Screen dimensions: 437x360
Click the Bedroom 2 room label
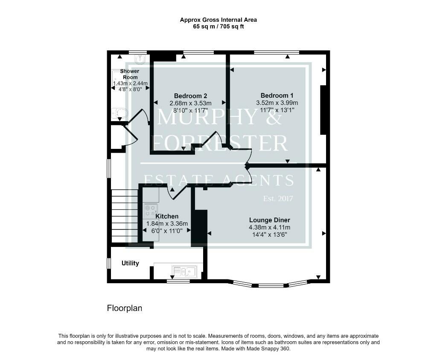click(x=190, y=96)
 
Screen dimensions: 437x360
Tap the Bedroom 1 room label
click(x=277, y=96)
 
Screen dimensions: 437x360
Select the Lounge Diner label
click(x=270, y=220)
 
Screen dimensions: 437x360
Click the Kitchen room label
click(x=167, y=216)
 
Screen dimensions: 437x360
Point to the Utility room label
click(x=130, y=263)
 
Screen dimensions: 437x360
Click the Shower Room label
click(x=130, y=74)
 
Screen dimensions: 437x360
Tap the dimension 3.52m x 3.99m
click(x=277, y=103)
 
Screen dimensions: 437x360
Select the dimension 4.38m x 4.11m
click(x=270, y=227)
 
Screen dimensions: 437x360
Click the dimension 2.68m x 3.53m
click(x=190, y=103)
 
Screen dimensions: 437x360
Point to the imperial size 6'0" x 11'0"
click(x=167, y=231)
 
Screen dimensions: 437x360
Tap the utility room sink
click(x=184, y=271)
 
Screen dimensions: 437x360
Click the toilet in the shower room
click(x=120, y=113)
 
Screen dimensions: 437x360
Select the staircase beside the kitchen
click(x=125, y=216)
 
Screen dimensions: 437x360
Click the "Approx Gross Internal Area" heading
click(x=218, y=20)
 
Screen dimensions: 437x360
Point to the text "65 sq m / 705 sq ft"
click(x=218, y=27)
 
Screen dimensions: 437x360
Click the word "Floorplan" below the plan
click(x=125, y=308)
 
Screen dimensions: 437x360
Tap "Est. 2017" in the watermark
click(x=278, y=198)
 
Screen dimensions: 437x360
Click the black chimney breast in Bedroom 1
click(x=323, y=110)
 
